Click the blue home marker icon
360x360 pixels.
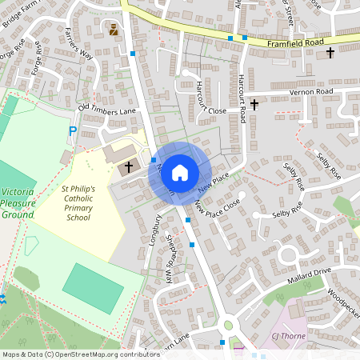coord(180,172)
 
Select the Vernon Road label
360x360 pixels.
coord(312,92)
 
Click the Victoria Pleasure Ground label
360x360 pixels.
coord(18,203)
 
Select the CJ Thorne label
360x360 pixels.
coord(289,336)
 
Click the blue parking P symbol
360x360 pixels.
coord(73,130)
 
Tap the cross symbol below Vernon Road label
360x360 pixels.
coord(254,104)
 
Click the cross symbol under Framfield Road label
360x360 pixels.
coord(330,53)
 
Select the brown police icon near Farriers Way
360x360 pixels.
coord(113,30)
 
